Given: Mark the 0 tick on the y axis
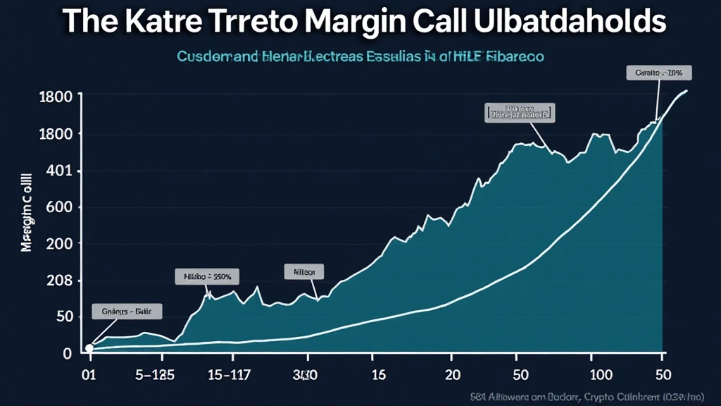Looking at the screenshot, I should click(68, 354).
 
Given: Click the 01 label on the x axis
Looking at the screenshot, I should click(89, 374).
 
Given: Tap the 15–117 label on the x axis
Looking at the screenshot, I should click(230, 374).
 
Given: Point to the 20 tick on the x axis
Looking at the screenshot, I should click(453, 374).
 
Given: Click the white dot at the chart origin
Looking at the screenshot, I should click(89, 347).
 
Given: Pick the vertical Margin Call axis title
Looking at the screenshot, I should click(27, 211).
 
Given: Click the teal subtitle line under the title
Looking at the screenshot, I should click(360, 56).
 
